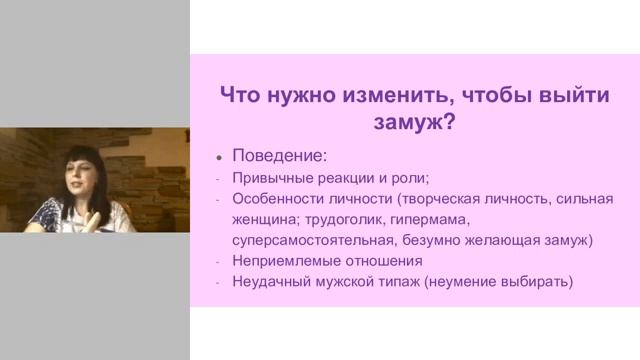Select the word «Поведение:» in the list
pos(279,157)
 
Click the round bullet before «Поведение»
pos(219,158)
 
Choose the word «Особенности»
pos(279,200)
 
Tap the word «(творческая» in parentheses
pos(428,200)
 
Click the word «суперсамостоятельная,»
pos(317,240)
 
